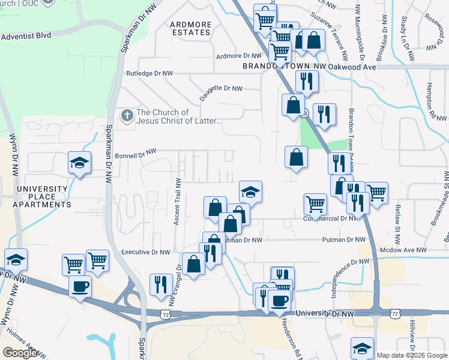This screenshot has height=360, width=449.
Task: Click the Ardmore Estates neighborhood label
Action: click(x=191, y=29)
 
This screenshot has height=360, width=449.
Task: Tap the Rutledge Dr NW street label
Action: click(x=149, y=73)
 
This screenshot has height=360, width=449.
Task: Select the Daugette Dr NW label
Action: click(x=221, y=88)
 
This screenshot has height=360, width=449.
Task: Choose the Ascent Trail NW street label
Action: click(x=178, y=202)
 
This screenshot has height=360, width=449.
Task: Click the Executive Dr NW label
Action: click(x=145, y=253)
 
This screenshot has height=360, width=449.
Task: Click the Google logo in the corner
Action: click(x=20, y=353)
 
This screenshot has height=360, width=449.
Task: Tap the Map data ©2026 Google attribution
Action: click(x=412, y=355)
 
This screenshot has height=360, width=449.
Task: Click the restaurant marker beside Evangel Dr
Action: click(x=160, y=284)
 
